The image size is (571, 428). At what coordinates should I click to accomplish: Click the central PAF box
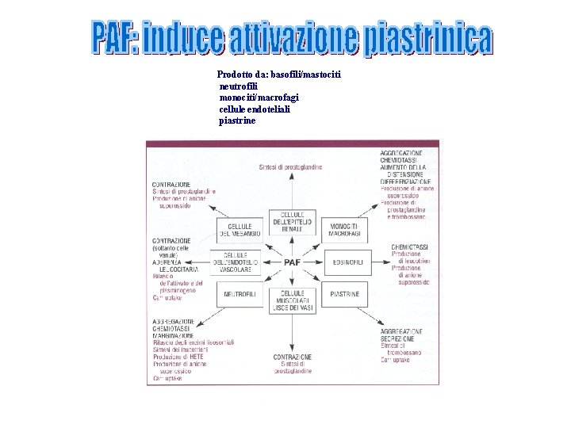[292, 262]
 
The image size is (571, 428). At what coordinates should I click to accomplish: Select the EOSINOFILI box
[347, 261]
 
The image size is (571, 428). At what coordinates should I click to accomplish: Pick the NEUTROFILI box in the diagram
[239, 294]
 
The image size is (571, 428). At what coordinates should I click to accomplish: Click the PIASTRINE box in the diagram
[346, 294]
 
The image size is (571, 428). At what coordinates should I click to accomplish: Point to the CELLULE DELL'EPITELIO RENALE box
[292, 221]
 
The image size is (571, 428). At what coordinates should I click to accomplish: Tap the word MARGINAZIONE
[174, 335]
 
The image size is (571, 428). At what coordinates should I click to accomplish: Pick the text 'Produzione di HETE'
[179, 357]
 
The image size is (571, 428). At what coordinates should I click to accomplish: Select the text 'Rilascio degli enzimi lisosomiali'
[194, 342]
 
